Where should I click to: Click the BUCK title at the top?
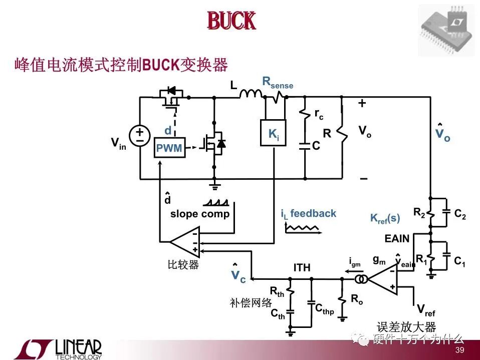[x=231, y=21]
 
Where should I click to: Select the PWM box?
[x=169, y=148]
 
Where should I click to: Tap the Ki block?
[x=273, y=134]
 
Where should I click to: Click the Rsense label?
[x=278, y=83]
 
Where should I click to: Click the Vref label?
[x=425, y=310]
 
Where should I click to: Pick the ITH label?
[x=302, y=268]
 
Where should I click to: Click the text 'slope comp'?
[x=200, y=214]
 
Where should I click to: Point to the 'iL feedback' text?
[x=309, y=214]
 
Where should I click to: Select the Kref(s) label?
[x=385, y=218]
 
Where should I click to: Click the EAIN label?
[x=397, y=238]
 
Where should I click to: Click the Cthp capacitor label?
[x=324, y=309]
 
